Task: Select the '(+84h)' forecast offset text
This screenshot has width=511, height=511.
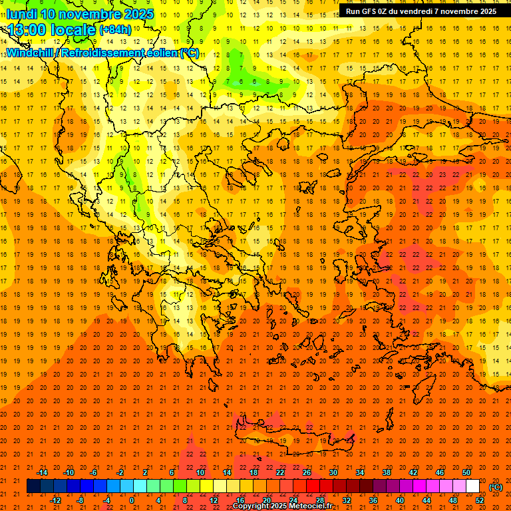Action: [115, 30]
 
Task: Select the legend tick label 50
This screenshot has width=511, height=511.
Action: [466, 472]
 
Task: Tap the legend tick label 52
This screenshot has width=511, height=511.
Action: [480, 500]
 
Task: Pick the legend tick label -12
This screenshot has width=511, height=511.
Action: [55, 500]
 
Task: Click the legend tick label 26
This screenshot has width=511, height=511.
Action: [307, 472]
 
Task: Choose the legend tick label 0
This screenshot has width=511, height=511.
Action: [132, 500]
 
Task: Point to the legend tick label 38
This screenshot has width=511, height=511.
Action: [387, 472]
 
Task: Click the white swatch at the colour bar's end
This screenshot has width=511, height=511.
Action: [473, 486]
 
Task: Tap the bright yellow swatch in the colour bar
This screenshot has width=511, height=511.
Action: [207, 486]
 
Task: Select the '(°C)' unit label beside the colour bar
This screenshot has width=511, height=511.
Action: [496, 486]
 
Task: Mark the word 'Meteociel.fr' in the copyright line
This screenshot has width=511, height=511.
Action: [315, 506]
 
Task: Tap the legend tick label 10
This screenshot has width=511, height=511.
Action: [200, 472]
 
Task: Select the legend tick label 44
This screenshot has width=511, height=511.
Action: [426, 500]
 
